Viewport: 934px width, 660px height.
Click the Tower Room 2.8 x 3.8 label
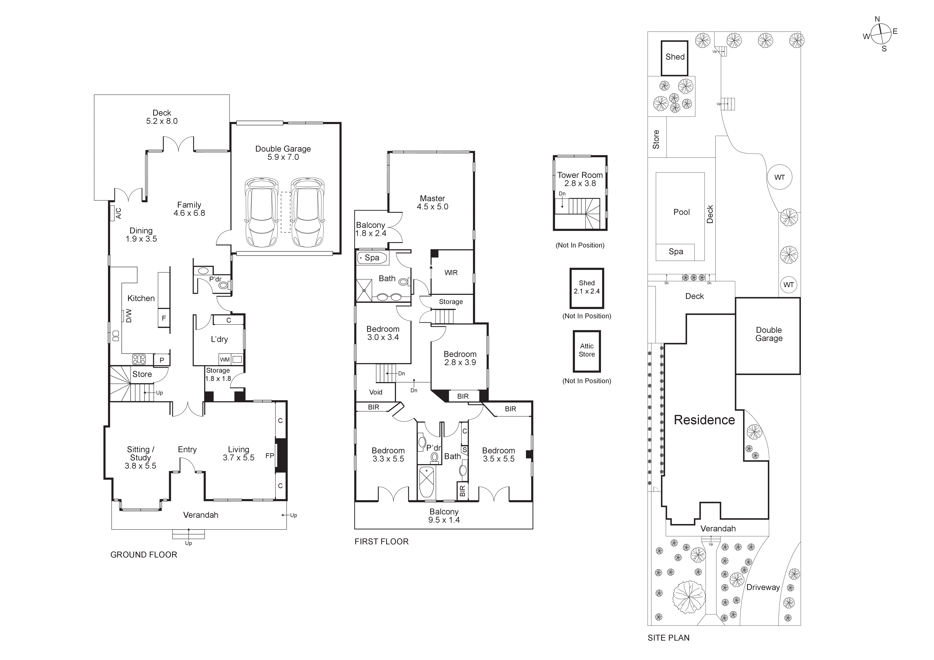[x=580, y=179]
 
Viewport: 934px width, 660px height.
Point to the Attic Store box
[x=587, y=351]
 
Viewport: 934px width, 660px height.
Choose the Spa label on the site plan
[x=676, y=251]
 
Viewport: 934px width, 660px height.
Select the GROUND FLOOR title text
[x=144, y=555]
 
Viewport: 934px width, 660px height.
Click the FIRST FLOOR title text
[x=381, y=541]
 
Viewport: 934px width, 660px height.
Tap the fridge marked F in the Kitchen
[x=164, y=318]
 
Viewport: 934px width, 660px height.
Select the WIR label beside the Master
[x=451, y=273]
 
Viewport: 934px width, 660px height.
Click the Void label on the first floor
[x=375, y=392]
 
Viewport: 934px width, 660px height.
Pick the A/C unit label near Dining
[x=118, y=213]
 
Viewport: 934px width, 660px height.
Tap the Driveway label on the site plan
[x=763, y=587]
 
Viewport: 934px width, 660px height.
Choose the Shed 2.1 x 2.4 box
[x=587, y=287]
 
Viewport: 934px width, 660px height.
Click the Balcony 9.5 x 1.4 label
[x=444, y=516]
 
